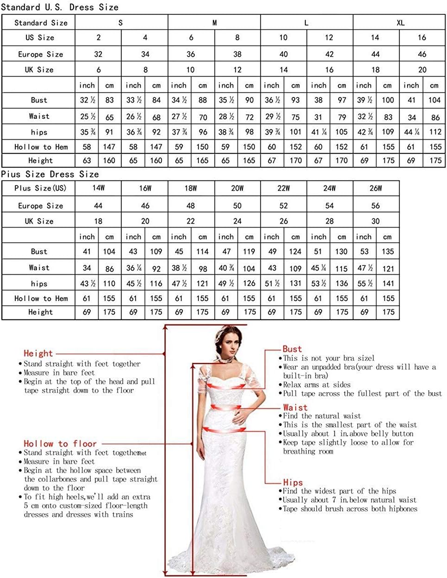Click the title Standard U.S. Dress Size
tap(60, 7)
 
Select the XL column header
tap(400, 23)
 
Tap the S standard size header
tap(121, 23)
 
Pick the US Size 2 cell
tap(99, 38)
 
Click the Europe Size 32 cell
tap(98, 54)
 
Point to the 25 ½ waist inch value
tap(87, 117)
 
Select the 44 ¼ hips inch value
tap(411, 132)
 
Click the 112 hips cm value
tap(435, 132)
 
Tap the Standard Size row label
tap(41, 23)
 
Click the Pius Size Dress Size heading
tap(50, 174)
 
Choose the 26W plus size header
tap(376, 188)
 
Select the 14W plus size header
tap(98, 188)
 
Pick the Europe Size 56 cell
tap(376, 206)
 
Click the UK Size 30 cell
tap(376, 221)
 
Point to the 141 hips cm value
tap(388, 283)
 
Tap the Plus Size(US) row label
tap(40, 188)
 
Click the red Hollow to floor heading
tap(60, 444)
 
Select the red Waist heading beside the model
tap(295, 407)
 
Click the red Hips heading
tap(293, 482)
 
